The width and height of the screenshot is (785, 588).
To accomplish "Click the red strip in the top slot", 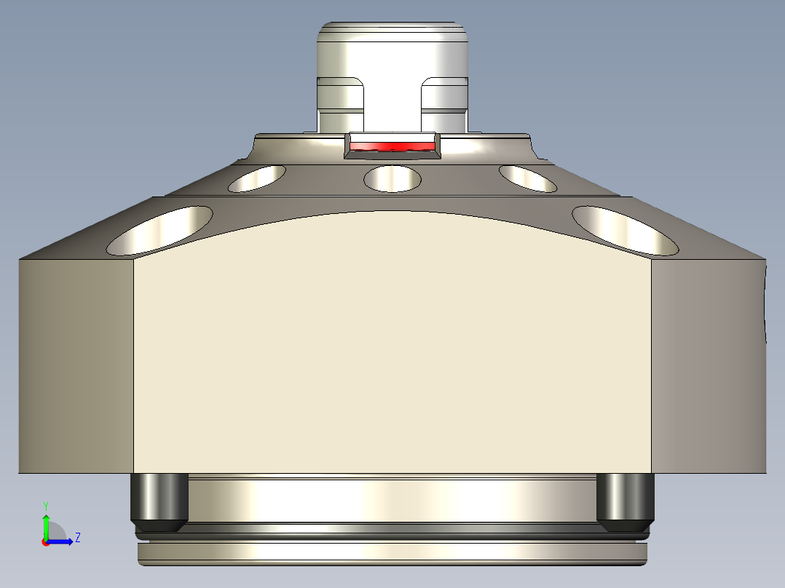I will click(392, 146).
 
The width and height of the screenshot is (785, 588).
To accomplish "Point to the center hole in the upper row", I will click(392, 178).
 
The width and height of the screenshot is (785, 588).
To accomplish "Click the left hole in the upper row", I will click(257, 178).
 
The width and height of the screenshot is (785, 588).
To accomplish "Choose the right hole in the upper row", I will click(528, 178).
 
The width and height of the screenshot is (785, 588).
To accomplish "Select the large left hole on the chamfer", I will click(160, 231).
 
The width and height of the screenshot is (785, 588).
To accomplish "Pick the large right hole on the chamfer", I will click(625, 231).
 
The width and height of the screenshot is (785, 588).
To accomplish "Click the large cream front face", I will click(392, 342).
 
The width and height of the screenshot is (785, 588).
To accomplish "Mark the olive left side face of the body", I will click(76, 364).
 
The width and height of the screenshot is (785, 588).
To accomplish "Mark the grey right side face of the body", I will click(708, 364).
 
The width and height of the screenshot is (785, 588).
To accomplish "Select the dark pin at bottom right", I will click(625, 501).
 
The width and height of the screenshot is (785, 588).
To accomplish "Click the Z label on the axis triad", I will click(77, 538).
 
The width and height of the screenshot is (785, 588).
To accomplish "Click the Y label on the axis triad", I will click(46, 505).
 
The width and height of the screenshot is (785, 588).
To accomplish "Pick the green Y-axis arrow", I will click(46, 525).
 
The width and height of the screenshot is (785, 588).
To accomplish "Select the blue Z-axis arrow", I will click(62, 541).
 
